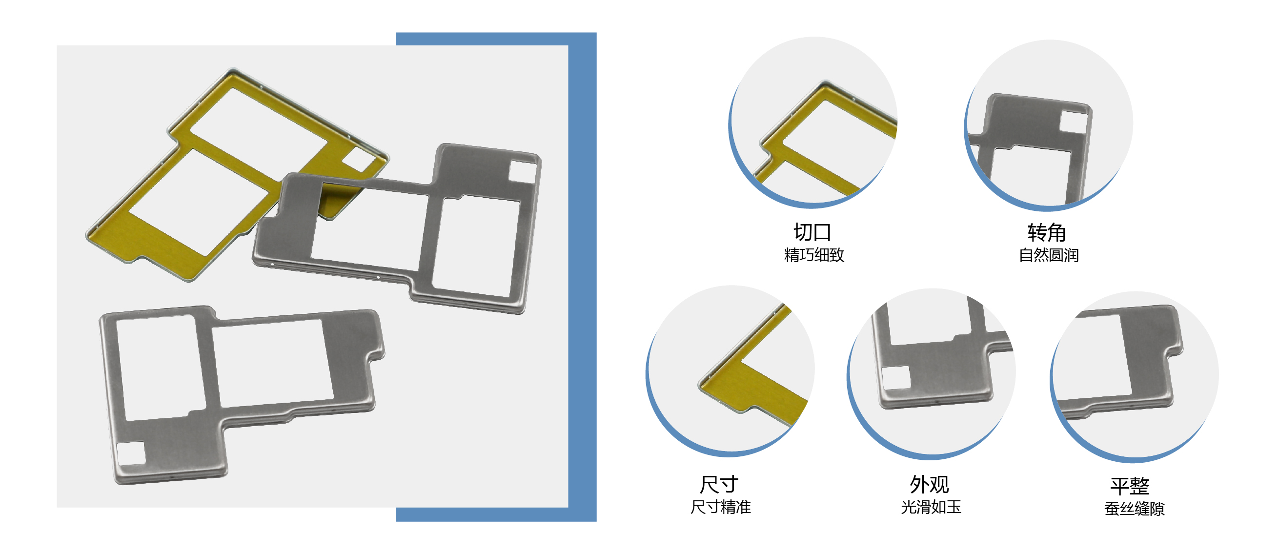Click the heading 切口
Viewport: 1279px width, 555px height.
tap(812, 232)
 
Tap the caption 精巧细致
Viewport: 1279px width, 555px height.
tap(814, 255)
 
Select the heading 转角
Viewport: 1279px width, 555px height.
tap(1047, 232)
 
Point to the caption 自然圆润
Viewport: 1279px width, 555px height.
tap(1049, 255)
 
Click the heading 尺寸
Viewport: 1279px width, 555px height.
tap(719, 484)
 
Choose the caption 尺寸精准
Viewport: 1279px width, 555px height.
tap(720, 507)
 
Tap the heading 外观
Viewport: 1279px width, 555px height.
tap(930, 484)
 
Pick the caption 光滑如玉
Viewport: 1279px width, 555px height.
tap(931, 507)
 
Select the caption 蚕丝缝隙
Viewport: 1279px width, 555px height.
tap(1135, 508)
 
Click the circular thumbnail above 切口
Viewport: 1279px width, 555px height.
tap(813, 122)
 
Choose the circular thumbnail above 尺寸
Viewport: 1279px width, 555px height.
tap(730, 370)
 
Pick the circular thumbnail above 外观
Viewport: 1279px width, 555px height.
tap(931, 373)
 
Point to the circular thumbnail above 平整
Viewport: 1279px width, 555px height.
tap(1134, 377)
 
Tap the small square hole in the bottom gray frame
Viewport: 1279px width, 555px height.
tap(131, 453)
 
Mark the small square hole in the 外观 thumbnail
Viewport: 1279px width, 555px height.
tap(897, 378)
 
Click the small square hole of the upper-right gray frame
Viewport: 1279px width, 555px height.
tap(523, 171)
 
